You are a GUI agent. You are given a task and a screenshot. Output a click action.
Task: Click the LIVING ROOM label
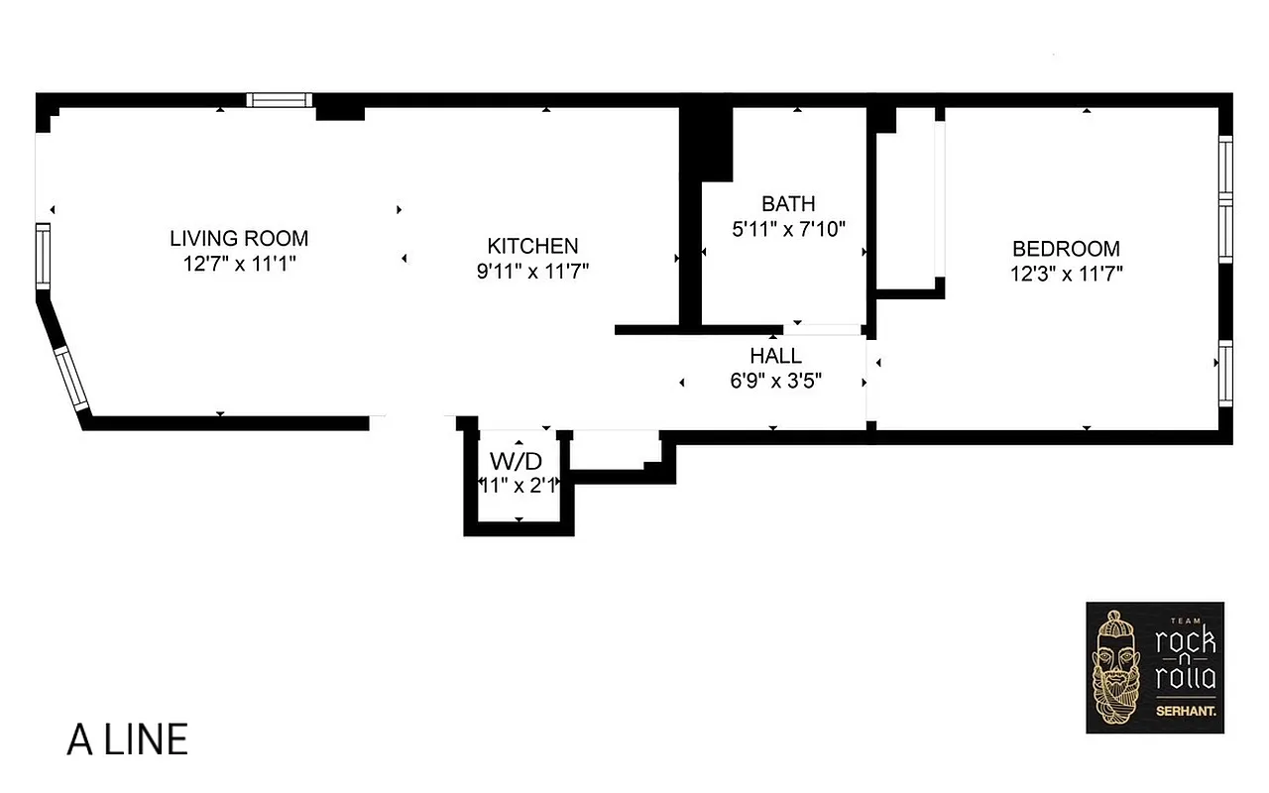239,239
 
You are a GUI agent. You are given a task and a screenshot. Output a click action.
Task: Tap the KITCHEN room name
532,246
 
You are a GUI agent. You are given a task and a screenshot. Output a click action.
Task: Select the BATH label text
788,204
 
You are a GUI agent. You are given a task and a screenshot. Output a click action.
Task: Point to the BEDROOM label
1066,249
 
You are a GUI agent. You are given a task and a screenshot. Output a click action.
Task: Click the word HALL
775,356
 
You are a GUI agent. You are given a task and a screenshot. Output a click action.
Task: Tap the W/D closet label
517,461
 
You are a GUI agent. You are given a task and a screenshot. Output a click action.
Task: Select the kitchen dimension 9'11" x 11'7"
532,272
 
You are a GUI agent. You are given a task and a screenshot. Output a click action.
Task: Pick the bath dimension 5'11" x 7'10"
788,229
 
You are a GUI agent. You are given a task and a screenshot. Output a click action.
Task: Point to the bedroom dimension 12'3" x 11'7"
1066,274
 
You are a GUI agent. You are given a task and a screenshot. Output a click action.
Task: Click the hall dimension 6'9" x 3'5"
775,380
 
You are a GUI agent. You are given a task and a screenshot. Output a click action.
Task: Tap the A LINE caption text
127,740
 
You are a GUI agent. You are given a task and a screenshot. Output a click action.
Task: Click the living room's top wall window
279,99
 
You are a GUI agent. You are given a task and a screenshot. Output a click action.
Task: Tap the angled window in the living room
71,380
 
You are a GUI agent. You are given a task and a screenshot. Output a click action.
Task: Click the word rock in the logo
1186,641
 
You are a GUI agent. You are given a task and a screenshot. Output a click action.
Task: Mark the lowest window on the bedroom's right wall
1225,375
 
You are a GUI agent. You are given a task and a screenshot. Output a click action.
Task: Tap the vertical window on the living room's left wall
43,257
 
